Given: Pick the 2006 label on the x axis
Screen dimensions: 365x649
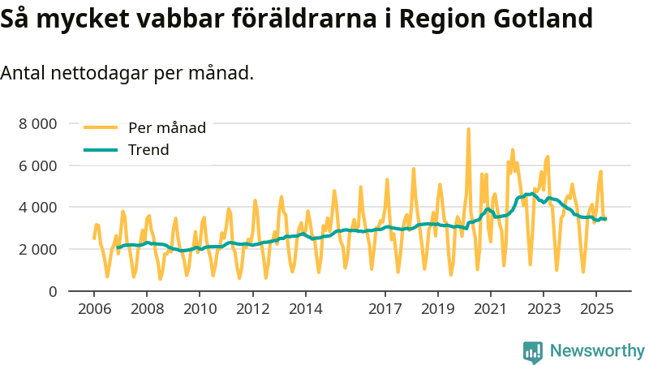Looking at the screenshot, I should point(94,308).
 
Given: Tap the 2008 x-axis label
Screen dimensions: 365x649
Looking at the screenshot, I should point(147,308).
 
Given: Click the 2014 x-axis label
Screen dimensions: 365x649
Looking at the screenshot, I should point(306,308).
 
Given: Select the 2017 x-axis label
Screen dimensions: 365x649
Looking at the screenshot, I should point(385,308).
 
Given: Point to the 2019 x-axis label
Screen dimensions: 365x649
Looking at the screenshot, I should point(438,308).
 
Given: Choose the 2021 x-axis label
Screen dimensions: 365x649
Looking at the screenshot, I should point(491,308).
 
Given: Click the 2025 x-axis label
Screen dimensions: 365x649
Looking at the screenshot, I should point(596,308).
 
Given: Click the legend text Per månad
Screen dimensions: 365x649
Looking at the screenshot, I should point(167,127).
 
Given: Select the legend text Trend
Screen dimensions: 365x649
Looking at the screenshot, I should point(148,149).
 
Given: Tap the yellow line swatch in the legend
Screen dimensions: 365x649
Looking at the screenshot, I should point(101,127).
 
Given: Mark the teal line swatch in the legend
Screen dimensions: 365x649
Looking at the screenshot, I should point(101,149).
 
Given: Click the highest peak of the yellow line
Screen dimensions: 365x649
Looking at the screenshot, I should point(468,129).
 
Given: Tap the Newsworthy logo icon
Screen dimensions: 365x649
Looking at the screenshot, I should point(533,351).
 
